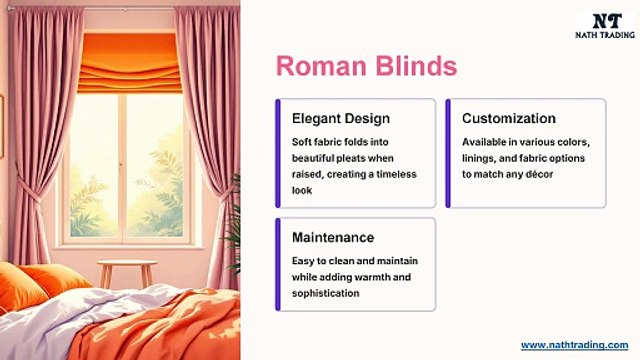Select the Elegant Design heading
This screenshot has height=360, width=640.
(x=334, y=118)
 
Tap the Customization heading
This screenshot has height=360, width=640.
(x=509, y=118)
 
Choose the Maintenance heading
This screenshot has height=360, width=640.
(x=333, y=237)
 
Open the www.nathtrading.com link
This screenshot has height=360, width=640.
(x=574, y=344)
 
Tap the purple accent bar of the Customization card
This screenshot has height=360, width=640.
(x=449, y=153)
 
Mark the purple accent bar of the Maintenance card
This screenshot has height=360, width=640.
(x=278, y=264)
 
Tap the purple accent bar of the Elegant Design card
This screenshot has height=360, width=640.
(x=278, y=153)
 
